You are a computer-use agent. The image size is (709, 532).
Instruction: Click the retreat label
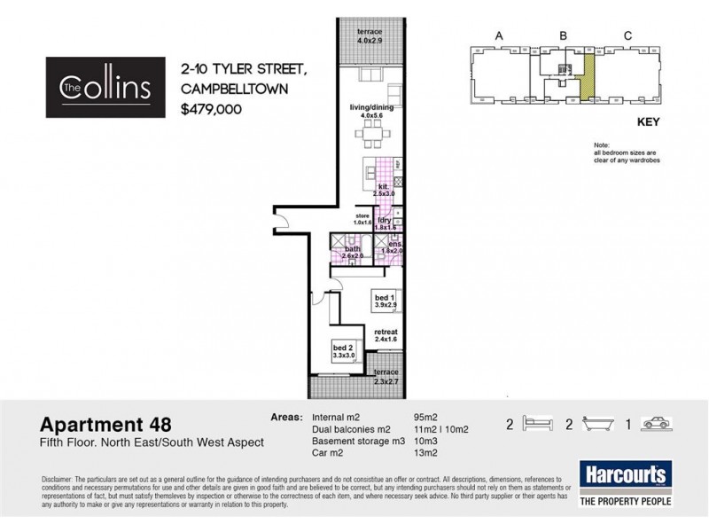point(387,333)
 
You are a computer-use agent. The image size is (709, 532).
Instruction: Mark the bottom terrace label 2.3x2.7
point(386,377)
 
